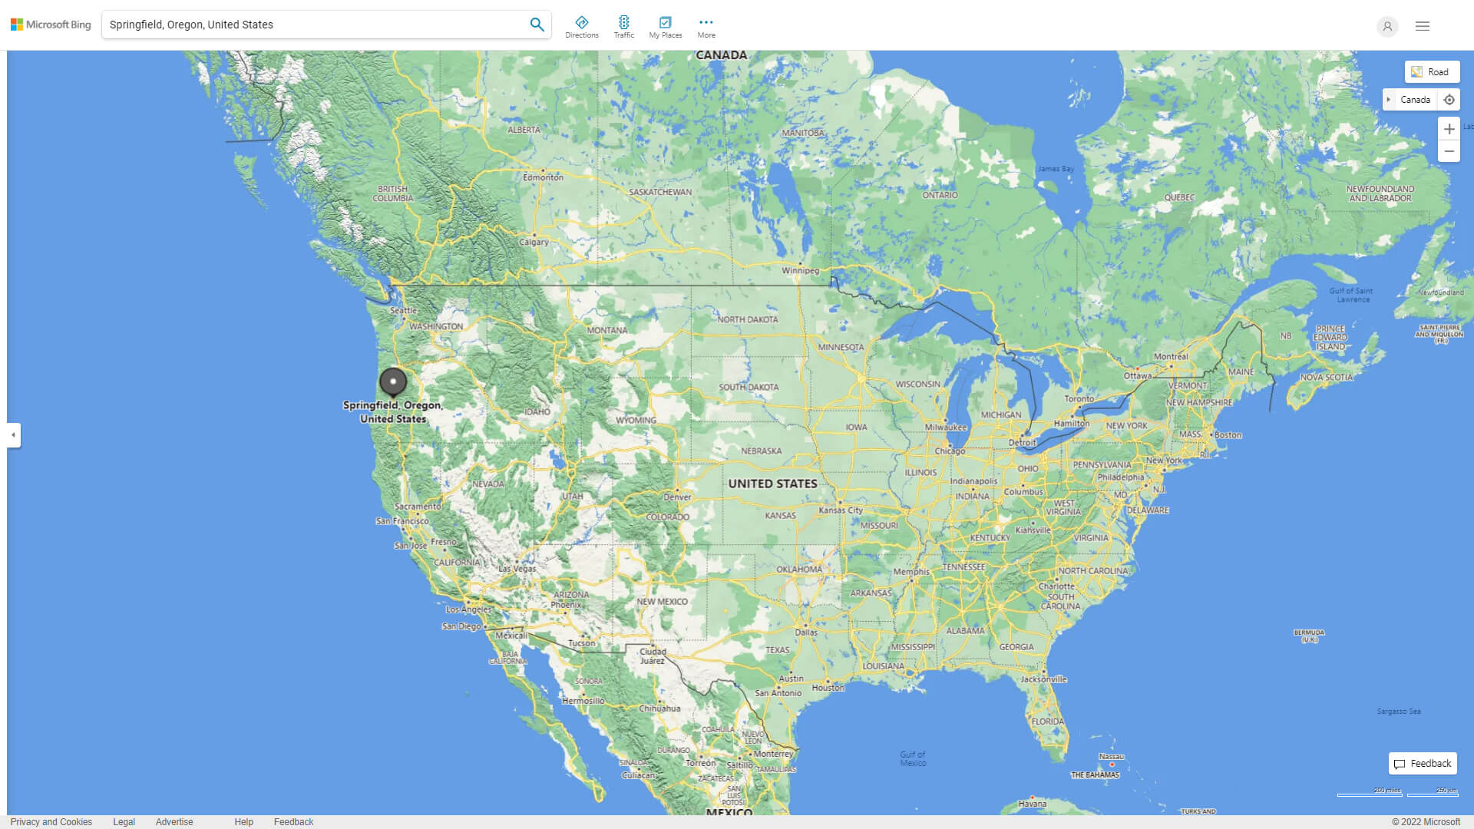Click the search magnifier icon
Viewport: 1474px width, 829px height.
pyautogui.click(x=537, y=25)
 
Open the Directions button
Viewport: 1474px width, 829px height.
pyautogui.click(x=581, y=26)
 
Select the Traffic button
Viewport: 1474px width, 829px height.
pyautogui.click(x=623, y=26)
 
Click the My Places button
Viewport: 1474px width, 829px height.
pyautogui.click(x=665, y=26)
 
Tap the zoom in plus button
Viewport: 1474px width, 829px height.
pyautogui.click(x=1449, y=129)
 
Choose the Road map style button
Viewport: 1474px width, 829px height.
pyautogui.click(x=1432, y=72)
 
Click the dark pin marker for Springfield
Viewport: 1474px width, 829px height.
pyautogui.click(x=393, y=381)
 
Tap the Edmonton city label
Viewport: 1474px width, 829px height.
pyautogui.click(x=543, y=177)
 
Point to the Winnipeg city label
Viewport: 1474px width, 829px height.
pyautogui.click(x=800, y=270)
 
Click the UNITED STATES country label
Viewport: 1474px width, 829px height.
pyautogui.click(x=772, y=484)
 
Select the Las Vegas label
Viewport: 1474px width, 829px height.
pyautogui.click(x=517, y=569)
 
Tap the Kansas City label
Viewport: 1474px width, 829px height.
pyautogui.click(x=841, y=510)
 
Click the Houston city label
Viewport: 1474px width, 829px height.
pyautogui.click(x=828, y=688)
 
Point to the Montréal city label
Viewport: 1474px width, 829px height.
pyautogui.click(x=1170, y=356)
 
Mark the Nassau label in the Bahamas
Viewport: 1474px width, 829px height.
pyautogui.click(x=1111, y=757)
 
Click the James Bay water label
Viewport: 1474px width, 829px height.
pyautogui.click(x=1056, y=169)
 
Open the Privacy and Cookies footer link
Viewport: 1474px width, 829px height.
pyautogui.click(x=51, y=821)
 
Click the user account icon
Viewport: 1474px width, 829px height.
pyautogui.click(x=1386, y=26)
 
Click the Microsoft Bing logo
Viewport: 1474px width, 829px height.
pyautogui.click(x=51, y=25)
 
